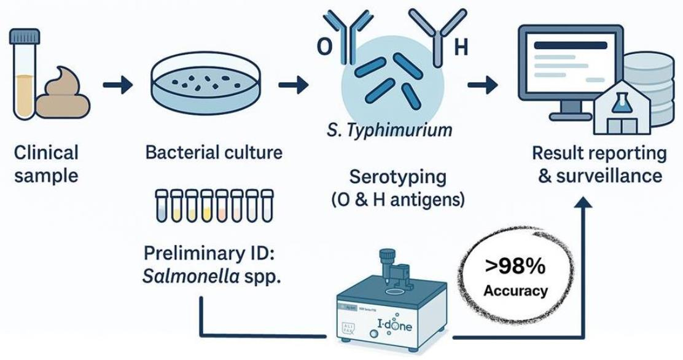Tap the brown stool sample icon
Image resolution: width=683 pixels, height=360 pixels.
(x=63, y=95)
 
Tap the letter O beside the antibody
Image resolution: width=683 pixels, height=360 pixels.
(x=324, y=48)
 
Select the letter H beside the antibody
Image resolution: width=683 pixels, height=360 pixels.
(x=460, y=48)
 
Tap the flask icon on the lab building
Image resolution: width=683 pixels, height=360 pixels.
(x=622, y=101)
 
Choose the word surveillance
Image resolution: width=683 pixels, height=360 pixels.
(x=607, y=176)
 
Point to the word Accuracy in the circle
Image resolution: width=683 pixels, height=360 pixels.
(x=515, y=290)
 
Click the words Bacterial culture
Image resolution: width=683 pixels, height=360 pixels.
(x=213, y=152)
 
